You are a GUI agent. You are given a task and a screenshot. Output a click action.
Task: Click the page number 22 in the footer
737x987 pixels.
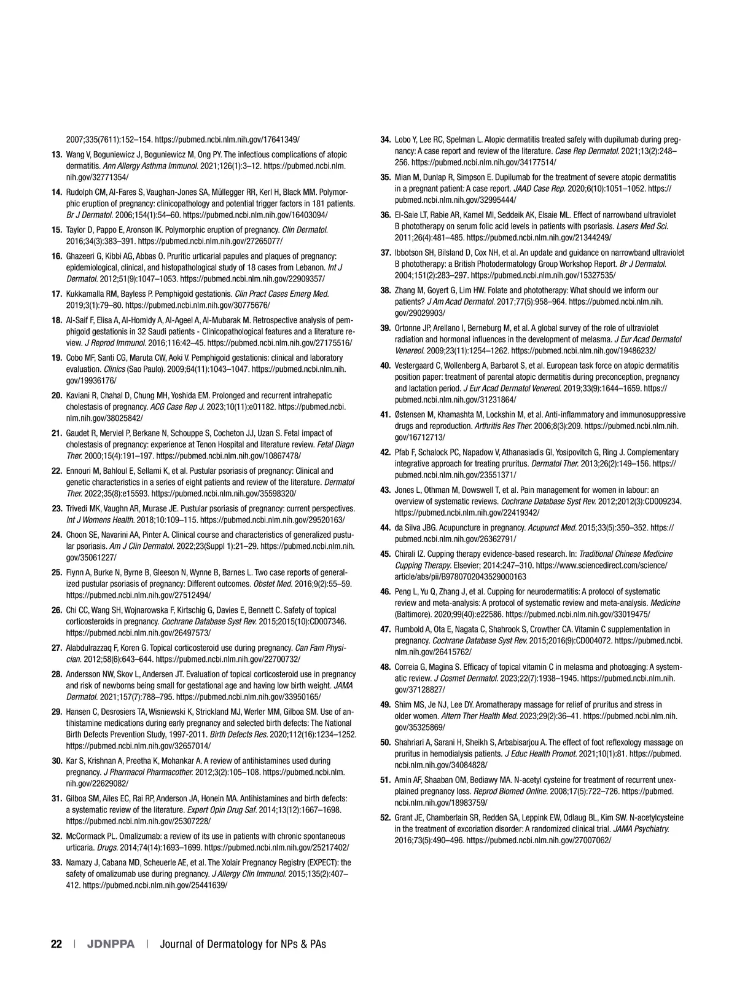(57, 944)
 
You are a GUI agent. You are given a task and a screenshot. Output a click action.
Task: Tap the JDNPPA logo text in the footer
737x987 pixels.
(111, 944)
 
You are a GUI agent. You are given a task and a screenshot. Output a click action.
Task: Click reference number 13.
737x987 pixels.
(57, 155)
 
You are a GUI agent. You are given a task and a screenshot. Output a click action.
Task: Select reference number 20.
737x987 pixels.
(57, 396)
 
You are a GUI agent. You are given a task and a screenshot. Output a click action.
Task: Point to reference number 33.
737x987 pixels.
(57, 863)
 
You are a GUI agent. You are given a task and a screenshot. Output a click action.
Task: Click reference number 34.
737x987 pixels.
(386, 140)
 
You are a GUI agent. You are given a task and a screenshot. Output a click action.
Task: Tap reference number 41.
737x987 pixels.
(386, 415)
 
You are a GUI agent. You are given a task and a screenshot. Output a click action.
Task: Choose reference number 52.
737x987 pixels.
(386, 818)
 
